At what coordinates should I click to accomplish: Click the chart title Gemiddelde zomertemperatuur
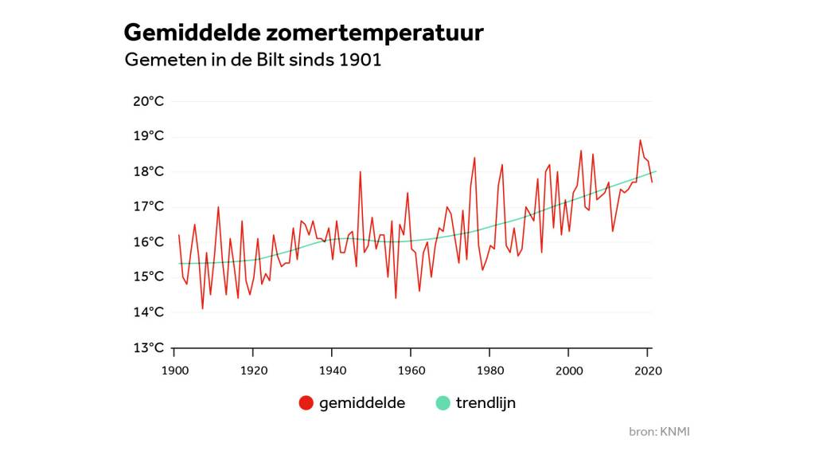click(x=303, y=33)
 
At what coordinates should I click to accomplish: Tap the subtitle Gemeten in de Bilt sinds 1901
click(x=253, y=61)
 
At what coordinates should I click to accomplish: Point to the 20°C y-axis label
click(x=148, y=101)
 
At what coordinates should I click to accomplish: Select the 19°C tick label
click(x=148, y=136)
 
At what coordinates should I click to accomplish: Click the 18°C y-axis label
click(x=148, y=171)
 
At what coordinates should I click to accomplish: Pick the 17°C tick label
click(x=148, y=206)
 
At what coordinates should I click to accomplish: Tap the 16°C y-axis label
click(x=148, y=241)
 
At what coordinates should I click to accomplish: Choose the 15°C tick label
click(x=148, y=277)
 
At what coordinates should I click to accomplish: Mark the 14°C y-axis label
click(x=148, y=312)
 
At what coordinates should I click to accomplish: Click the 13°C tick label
click(x=148, y=347)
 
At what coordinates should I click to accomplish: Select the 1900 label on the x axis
click(x=174, y=371)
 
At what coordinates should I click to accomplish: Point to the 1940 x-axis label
click(x=332, y=371)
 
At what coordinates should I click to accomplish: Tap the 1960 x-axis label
click(x=411, y=371)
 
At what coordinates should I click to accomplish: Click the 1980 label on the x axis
click(x=489, y=371)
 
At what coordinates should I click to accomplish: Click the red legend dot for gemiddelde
click(x=306, y=403)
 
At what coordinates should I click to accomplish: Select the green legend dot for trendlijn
click(x=443, y=403)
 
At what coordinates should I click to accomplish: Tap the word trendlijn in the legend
click(x=485, y=403)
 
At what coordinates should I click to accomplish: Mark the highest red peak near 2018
click(x=640, y=140)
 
